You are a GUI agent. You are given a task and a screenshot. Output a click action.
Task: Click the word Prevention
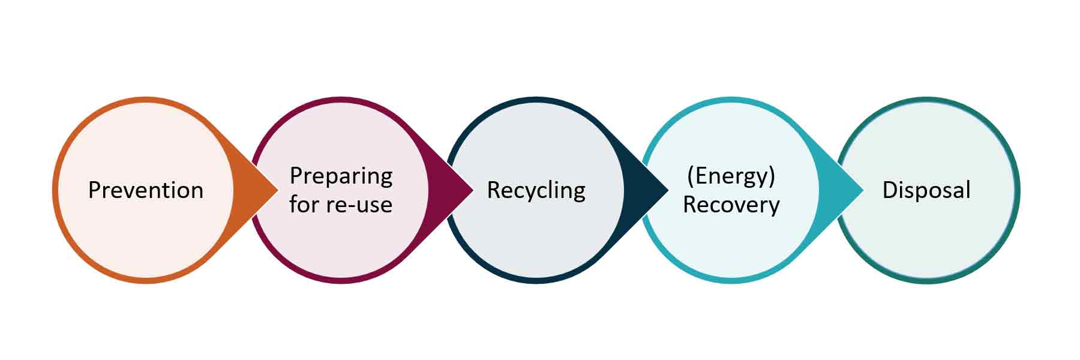(x=146, y=190)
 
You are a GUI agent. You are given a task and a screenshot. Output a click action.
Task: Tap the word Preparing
(x=341, y=176)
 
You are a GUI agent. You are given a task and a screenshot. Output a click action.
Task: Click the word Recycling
(x=536, y=190)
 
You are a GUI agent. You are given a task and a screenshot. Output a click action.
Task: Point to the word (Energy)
(x=731, y=176)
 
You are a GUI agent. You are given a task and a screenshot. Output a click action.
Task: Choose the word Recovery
(x=731, y=205)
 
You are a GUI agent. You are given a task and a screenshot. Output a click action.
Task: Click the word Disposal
(x=926, y=190)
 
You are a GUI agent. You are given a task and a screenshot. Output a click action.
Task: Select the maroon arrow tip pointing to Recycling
(x=465, y=190)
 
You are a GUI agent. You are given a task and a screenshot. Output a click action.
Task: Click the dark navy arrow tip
(x=660, y=190)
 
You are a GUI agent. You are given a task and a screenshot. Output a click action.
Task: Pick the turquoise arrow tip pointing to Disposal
(x=855, y=190)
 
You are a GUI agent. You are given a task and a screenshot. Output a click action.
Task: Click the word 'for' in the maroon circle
(x=304, y=205)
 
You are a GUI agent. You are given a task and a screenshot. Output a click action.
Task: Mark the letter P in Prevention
(x=94, y=190)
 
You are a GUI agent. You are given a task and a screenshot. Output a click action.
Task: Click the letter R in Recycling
(x=493, y=190)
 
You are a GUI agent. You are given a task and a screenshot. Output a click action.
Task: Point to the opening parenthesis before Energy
(x=690, y=176)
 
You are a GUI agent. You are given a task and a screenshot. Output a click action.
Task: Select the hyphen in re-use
(x=354, y=206)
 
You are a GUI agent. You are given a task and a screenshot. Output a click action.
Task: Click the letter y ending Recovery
(x=774, y=207)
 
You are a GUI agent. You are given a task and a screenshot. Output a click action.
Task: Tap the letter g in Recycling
(x=579, y=193)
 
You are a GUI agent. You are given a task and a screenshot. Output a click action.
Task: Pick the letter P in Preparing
(x=296, y=176)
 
